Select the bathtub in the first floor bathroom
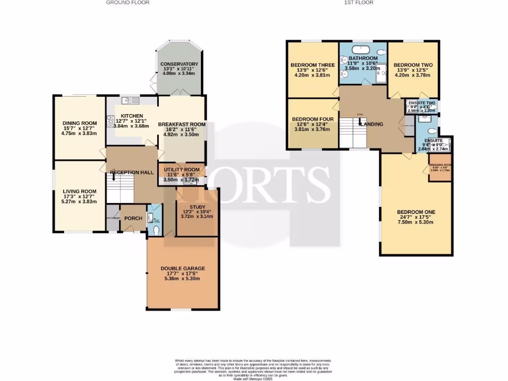363,49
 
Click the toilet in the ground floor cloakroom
157,230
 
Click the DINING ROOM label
79,123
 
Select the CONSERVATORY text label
179,64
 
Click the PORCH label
133,218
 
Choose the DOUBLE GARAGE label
183,268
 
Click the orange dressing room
440,168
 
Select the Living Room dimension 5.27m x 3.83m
79,202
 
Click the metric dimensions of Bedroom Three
313,76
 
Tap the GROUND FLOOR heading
127,2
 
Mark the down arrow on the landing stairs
360,120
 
